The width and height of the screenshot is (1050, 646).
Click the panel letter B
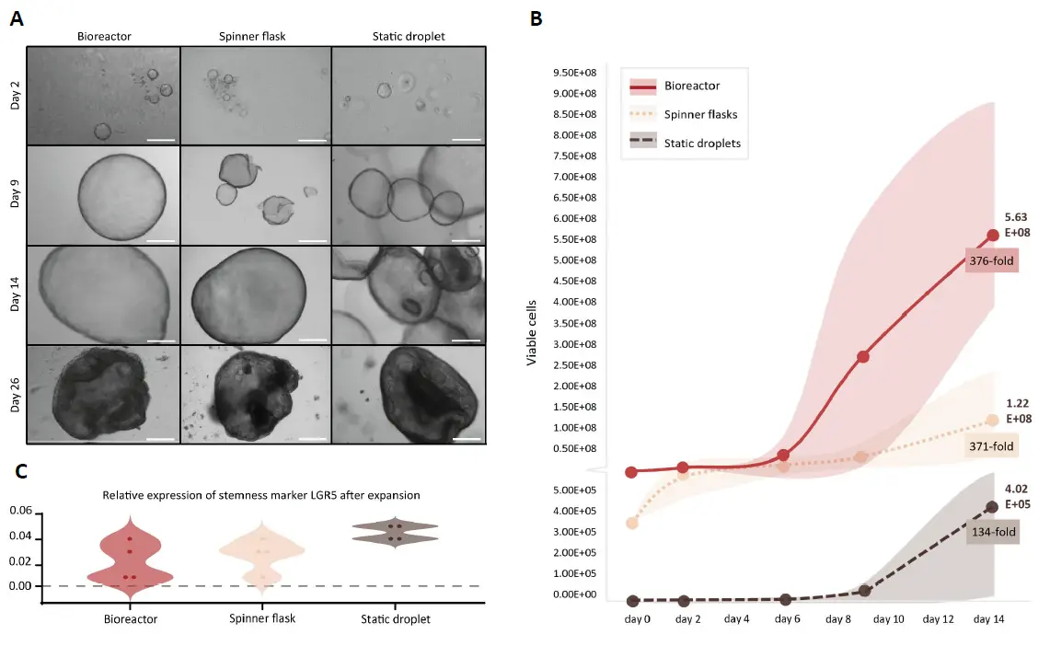click(537, 18)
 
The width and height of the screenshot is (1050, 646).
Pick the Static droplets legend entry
click(702, 143)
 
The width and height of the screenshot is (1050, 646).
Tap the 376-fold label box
click(991, 260)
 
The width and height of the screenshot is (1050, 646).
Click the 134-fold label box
click(992, 537)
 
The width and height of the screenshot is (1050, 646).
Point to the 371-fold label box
click(991, 446)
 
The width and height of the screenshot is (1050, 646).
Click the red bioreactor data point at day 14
click(992, 235)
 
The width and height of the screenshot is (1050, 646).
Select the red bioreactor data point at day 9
click(863, 356)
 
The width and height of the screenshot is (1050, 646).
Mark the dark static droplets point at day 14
click(992, 506)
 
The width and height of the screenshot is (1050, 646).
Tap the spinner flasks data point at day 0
click(631, 523)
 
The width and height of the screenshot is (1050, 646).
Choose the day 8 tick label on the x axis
click(837, 619)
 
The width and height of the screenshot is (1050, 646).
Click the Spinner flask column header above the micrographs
click(255, 36)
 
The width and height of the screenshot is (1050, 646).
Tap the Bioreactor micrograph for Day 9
click(103, 193)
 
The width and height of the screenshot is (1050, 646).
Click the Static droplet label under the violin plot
click(396, 618)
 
